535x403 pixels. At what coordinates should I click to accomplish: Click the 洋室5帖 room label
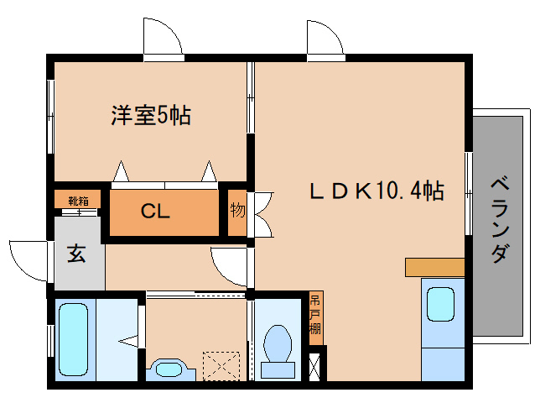[x=151, y=116]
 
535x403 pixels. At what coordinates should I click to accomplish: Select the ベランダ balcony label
[x=500, y=218]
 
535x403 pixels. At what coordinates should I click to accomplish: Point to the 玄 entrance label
[x=76, y=254]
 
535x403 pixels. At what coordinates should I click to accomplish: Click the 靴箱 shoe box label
[x=78, y=201]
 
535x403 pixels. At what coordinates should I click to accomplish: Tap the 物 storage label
[x=238, y=210]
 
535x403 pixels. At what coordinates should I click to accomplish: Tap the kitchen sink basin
[x=441, y=304]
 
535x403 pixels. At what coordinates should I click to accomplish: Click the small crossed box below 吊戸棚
[x=315, y=365]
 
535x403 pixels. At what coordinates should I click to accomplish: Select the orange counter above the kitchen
[x=434, y=267]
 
